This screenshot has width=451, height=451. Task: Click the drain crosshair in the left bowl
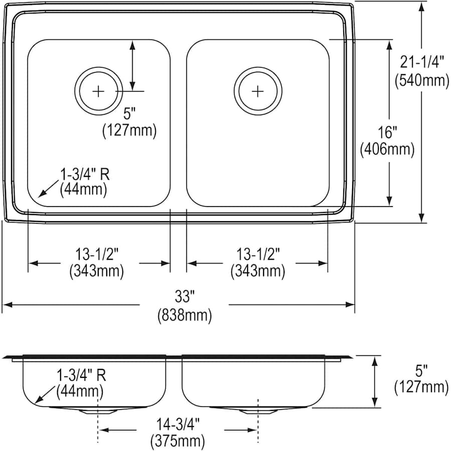pyautogui.click(x=99, y=91)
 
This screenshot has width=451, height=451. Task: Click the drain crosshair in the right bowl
pyautogui.click(x=257, y=91)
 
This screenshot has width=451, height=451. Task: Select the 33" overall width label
pyautogui.click(x=184, y=297)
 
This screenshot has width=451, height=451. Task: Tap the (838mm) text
pyautogui.click(x=184, y=316)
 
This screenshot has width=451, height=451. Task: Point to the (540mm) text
pyautogui.click(x=422, y=80)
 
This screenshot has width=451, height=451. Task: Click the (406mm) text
pyautogui.click(x=387, y=149)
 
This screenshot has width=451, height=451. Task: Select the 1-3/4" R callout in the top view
pyautogui.click(x=85, y=174)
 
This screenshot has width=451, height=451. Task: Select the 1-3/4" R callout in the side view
pyautogui.click(x=81, y=375)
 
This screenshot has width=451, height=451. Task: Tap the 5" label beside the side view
pyautogui.click(x=421, y=371)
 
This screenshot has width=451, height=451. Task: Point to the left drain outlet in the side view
pyautogui.click(x=97, y=410)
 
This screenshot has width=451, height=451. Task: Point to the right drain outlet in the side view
pyautogui.click(x=257, y=410)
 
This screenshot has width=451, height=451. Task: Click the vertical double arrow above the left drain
pyautogui.click(x=132, y=65)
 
